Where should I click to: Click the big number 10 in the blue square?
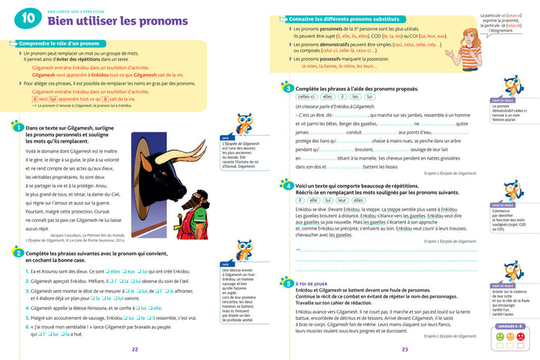[x=27, y=17]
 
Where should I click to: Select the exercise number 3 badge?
[x=287, y=90]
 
